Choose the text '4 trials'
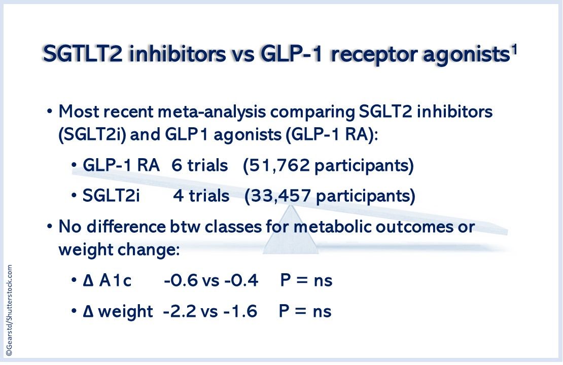pos(201,196)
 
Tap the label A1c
pos(116,280)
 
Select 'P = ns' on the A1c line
pos(306,280)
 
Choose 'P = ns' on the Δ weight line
pos(305,311)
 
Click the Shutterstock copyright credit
pos(9,311)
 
